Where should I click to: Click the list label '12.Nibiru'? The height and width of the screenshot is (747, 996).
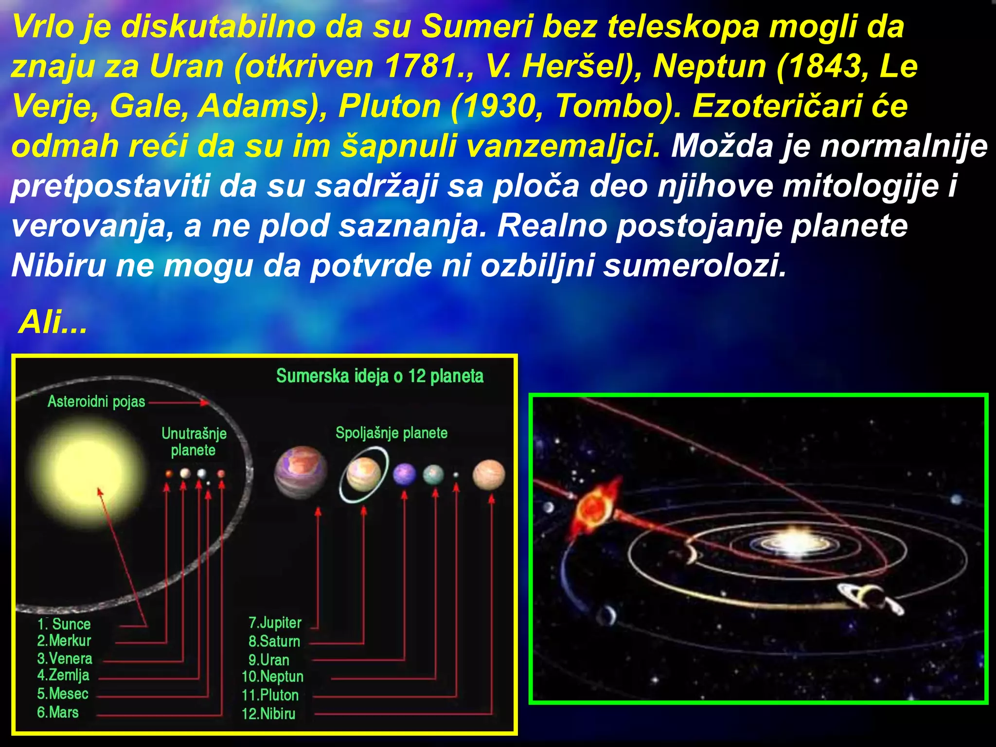pos(268,713)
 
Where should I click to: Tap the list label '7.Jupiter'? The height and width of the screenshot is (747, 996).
pos(275,622)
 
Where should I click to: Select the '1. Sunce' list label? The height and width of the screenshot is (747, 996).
pos(64,623)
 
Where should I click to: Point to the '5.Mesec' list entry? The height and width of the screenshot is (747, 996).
pos(63,693)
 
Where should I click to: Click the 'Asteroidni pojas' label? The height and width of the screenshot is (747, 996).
pos(96,401)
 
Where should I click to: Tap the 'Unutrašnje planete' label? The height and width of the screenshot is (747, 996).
pos(194,441)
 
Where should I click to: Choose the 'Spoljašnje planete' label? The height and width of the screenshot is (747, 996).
pos(391,432)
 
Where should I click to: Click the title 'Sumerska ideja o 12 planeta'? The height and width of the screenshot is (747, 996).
pos(380,376)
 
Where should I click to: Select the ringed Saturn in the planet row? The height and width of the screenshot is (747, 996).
pos(364,474)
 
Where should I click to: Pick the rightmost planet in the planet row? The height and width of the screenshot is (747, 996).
pos(489,475)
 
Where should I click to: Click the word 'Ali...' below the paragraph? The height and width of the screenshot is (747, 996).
pos(53,322)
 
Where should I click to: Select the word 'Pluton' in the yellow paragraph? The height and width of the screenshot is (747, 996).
pos(390,106)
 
